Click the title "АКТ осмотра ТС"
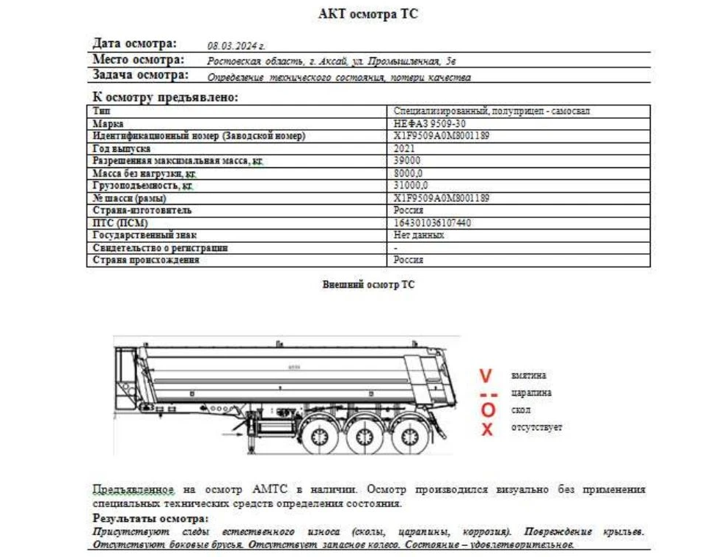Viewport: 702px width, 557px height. point(368,14)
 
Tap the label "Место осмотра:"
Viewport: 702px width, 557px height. point(138,60)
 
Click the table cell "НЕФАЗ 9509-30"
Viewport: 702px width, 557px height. point(429,124)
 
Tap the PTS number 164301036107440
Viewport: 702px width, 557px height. point(432,222)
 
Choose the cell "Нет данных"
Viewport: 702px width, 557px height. point(419,236)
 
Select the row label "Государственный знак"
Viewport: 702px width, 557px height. point(141,236)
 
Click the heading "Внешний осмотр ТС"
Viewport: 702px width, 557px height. point(368,285)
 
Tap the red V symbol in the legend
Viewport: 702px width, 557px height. point(485,376)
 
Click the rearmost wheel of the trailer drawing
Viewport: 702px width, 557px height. point(406,437)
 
